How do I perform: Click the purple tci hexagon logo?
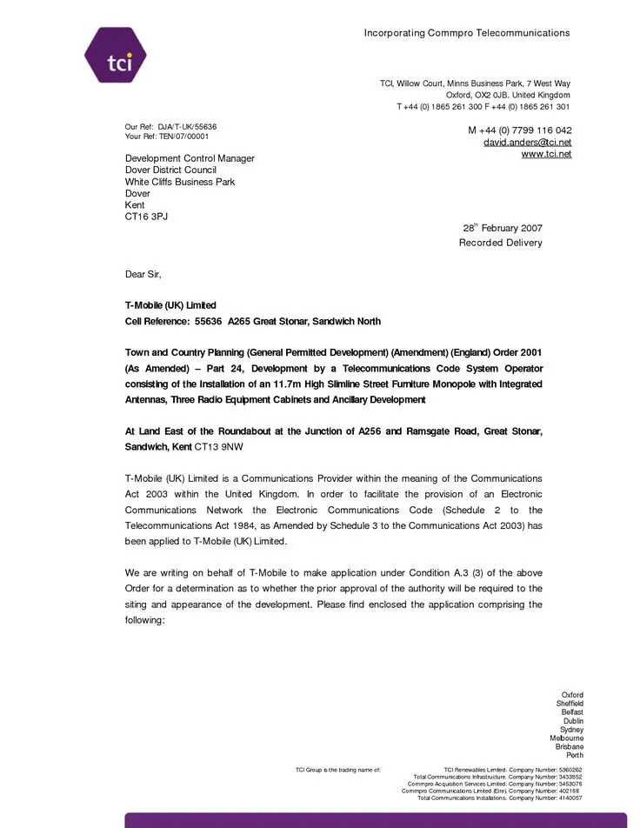click(115, 55)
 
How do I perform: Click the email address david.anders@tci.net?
click(527, 142)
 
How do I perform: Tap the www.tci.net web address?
click(546, 154)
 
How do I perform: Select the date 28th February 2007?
click(502, 229)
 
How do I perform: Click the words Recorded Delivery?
click(500, 243)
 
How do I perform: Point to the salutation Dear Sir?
click(143, 274)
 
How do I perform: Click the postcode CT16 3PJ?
click(146, 217)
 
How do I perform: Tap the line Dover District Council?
click(170, 170)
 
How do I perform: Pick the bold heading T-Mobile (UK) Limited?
click(170, 305)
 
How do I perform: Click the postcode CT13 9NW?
click(218, 447)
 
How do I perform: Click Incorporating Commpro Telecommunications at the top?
click(466, 33)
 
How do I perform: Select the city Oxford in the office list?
click(572, 695)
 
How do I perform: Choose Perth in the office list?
click(575, 755)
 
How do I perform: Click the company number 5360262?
click(570, 770)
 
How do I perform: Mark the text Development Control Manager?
click(190, 158)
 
